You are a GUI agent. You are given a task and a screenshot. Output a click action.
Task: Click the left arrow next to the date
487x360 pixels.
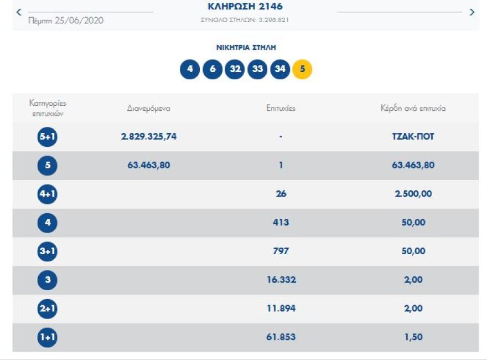coord(19,12)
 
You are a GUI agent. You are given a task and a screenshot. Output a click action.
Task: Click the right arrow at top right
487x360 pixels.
coord(472,12)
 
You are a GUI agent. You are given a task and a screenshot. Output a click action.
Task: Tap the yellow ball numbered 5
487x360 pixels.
coord(302,69)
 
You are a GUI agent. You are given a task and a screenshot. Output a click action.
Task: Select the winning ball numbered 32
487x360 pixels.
coord(235,69)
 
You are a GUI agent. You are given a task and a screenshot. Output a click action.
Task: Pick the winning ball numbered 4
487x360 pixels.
coord(190,69)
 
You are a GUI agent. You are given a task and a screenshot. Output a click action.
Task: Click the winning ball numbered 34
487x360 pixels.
coord(280,69)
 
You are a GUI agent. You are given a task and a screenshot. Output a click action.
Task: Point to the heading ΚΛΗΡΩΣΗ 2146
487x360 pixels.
coord(245,7)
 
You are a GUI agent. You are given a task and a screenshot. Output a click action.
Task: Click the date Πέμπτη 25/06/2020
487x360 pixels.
coord(66,20)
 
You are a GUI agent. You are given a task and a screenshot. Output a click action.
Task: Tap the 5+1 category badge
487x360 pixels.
coord(48,137)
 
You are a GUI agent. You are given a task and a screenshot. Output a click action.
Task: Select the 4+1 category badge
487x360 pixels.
coord(48,194)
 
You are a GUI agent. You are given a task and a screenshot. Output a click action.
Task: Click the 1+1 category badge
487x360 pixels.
coord(48,337)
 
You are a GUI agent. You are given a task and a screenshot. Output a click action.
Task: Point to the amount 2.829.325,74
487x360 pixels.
coord(149,136)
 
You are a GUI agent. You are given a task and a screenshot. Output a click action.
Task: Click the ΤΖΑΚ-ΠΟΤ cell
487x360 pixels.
coord(410,136)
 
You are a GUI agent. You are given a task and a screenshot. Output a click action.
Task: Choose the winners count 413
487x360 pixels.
coord(281,223)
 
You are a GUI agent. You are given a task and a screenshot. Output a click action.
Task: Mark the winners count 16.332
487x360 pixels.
coord(281,280)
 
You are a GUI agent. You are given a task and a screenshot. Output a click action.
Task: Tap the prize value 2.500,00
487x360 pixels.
coord(410,194)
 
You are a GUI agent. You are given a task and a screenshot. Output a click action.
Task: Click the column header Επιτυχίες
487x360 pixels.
coord(281,109)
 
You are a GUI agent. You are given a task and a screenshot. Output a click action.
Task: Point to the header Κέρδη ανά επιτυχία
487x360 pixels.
coord(410,109)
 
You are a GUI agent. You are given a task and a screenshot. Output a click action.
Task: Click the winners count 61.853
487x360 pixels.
coord(281,337)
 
